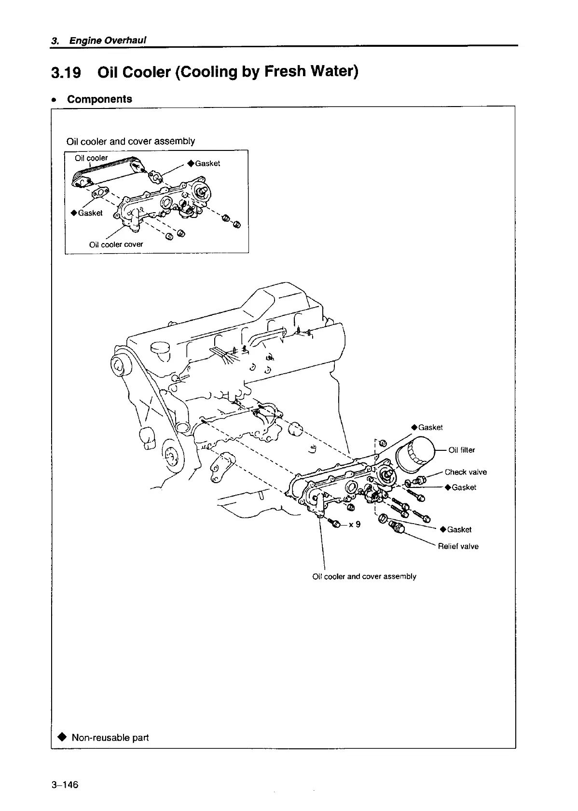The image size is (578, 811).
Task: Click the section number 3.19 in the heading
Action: coord(66,72)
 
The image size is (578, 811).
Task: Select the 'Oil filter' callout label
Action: coord(462,450)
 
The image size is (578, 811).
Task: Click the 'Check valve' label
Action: coord(466,472)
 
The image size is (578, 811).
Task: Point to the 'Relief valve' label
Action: coord(458,546)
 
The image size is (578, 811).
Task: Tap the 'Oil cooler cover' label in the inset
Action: coord(116,244)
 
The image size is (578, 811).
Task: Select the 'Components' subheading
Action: coord(99,99)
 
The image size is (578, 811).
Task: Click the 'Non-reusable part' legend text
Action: coord(110,738)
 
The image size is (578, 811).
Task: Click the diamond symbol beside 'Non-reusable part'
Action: coord(62,738)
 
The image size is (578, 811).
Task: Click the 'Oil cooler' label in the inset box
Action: coord(92,158)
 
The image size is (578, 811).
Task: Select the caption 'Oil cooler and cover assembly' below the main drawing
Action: coord(364,576)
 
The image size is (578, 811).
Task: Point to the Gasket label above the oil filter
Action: coord(430,427)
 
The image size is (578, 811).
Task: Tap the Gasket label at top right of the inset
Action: coord(207,163)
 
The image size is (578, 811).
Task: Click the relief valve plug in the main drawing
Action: coord(397,527)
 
